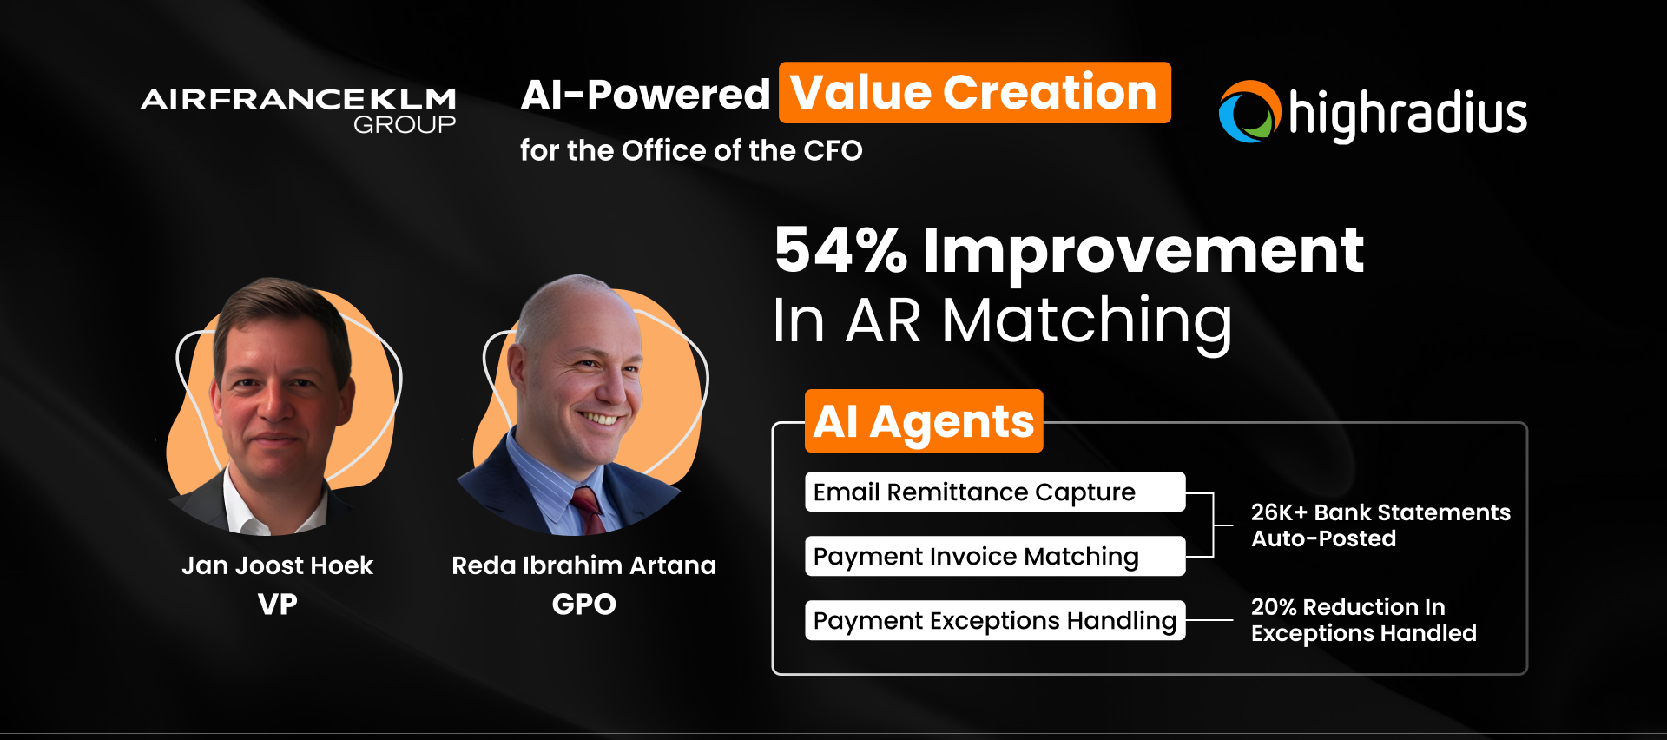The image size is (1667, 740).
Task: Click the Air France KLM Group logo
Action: click(x=299, y=110)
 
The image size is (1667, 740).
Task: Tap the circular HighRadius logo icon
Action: click(x=1250, y=111)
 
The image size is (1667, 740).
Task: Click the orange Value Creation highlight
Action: click(x=975, y=92)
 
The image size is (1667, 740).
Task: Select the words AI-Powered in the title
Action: click(x=645, y=95)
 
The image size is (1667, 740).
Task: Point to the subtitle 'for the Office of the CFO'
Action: click(x=691, y=150)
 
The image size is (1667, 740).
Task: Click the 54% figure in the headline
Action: click(x=840, y=250)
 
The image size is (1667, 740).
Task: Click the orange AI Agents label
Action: click(x=924, y=421)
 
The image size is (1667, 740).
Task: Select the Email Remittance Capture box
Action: click(x=995, y=492)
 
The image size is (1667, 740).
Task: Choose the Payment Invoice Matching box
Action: click(x=995, y=556)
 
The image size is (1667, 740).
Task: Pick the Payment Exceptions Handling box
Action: click(x=995, y=620)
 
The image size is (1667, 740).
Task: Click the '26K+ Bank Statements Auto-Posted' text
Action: click(x=1380, y=525)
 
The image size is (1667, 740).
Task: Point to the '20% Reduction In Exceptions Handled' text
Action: click(x=1363, y=620)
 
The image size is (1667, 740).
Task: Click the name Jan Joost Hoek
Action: click(x=278, y=565)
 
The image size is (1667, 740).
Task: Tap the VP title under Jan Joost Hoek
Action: click(x=278, y=604)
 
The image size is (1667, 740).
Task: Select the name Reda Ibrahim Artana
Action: click(x=584, y=565)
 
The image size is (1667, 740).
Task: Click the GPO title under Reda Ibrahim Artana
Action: click(x=584, y=604)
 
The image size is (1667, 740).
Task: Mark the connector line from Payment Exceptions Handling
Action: click(x=1209, y=620)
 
